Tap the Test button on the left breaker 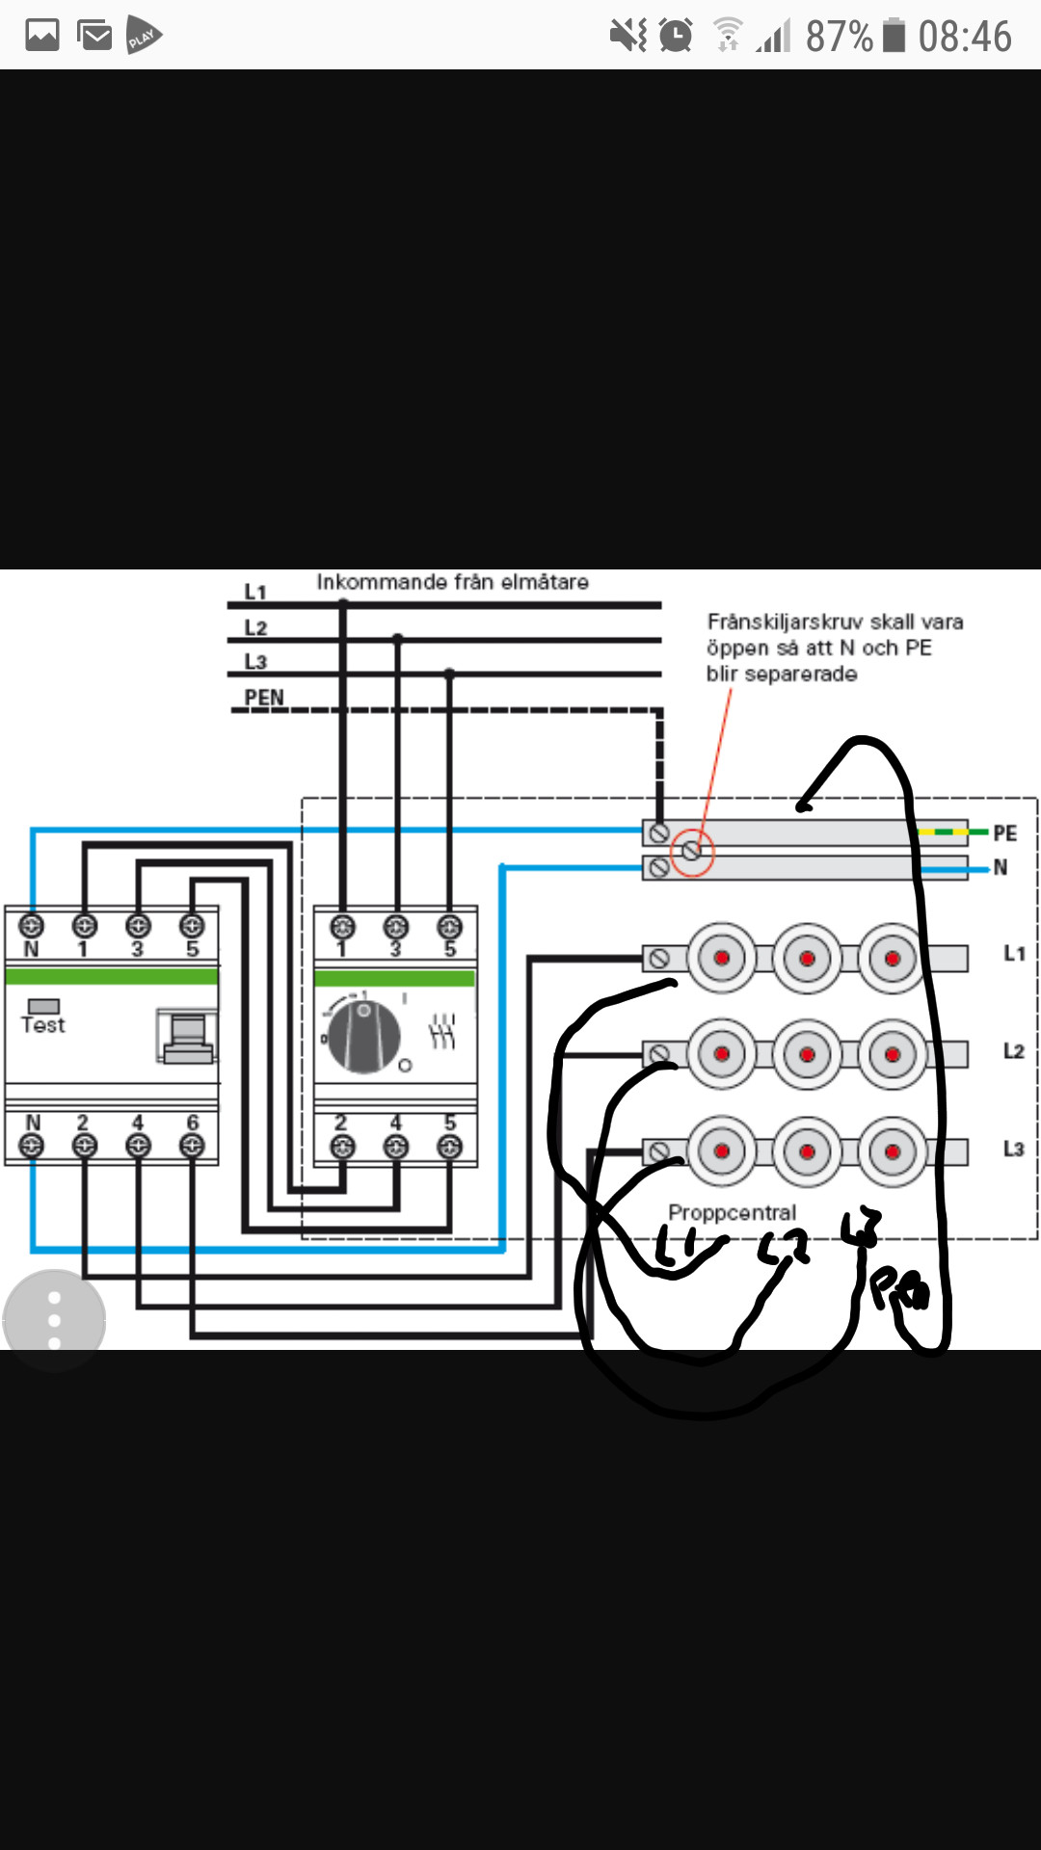[x=43, y=1007]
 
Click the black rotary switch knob [x=364, y=1037]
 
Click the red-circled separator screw [x=691, y=851]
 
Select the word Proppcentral [x=732, y=1212]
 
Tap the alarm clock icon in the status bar [x=676, y=37]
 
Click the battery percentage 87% [x=839, y=37]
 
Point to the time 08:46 [x=964, y=37]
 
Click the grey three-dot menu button [x=54, y=1320]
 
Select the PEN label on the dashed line [x=263, y=698]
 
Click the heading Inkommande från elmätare [x=452, y=582]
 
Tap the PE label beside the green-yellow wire [x=1004, y=832]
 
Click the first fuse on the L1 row [x=721, y=958]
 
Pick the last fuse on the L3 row [x=892, y=1151]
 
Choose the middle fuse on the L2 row [x=807, y=1054]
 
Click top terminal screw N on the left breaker [x=31, y=927]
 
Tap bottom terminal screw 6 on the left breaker [x=192, y=1146]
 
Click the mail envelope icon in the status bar [x=94, y=36]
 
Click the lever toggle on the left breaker [x=188, y=1036]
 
